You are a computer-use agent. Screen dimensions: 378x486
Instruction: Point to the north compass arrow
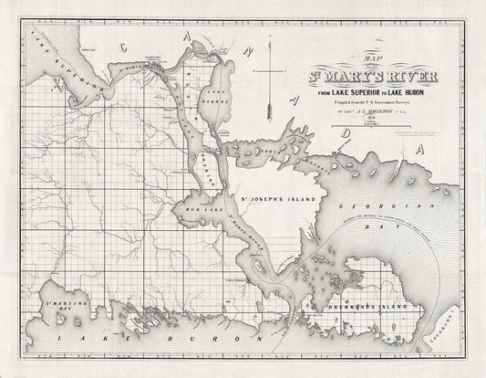[270, 91]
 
